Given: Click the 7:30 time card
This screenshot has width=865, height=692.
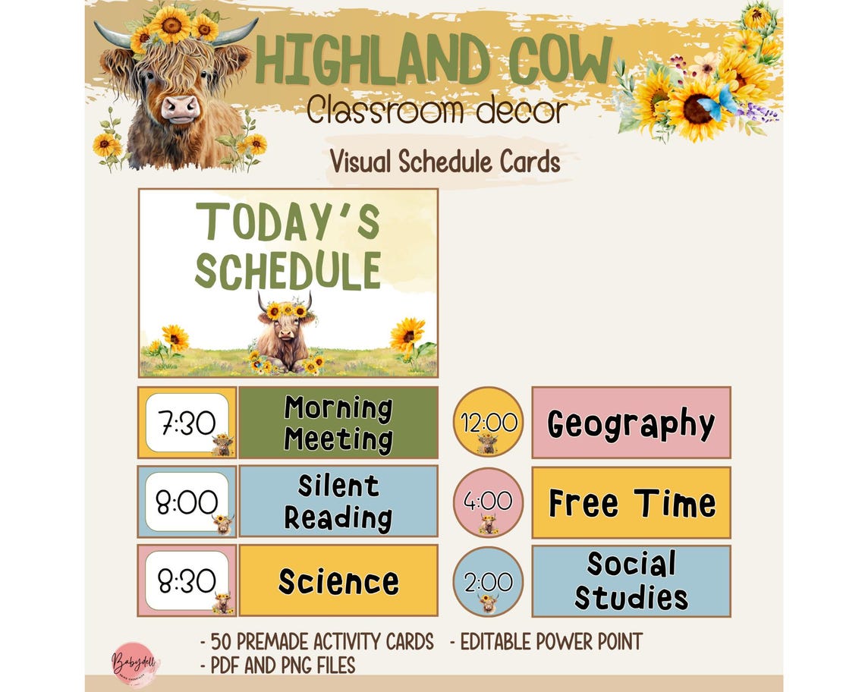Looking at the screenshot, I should point(187,423).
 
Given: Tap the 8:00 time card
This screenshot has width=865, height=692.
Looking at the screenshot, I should point(187,502).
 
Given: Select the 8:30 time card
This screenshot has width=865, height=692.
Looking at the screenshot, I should point(187,580).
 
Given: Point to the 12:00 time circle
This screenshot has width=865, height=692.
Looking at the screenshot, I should point(488,422).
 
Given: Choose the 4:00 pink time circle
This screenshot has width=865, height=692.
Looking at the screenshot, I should point(488,502).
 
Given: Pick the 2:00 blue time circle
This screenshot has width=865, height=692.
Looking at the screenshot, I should point(488,581).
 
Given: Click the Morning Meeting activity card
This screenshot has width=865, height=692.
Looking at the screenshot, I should point(338,423).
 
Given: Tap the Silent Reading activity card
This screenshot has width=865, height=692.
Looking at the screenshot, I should point(338,502).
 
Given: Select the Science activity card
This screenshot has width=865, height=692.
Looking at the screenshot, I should point(338,580).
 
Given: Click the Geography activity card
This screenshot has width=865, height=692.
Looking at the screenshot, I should point(631,423).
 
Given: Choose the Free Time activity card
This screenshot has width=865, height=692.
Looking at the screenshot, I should point(631,502).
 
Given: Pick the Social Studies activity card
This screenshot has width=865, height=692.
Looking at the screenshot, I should point(631,581).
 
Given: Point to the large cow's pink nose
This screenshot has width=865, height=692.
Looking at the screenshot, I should point(180,109).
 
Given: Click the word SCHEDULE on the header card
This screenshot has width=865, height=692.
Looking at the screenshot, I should point(288,269).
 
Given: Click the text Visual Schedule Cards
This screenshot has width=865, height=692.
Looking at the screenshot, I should point(445,161).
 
